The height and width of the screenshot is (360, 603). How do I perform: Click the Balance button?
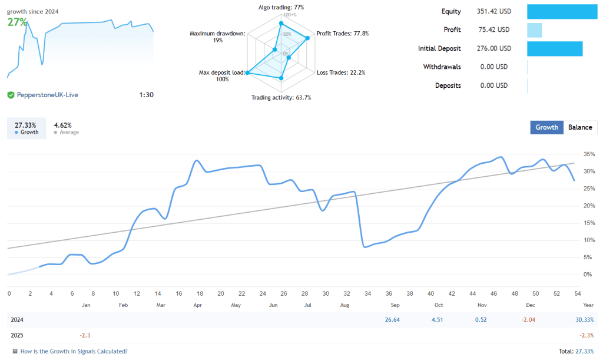(x=580, y=127)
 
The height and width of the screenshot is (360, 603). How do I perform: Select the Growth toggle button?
(x=546, y=127)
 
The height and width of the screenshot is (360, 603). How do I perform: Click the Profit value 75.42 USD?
(x=493, y=29)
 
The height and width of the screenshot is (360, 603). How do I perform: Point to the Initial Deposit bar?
(x=554, y=48)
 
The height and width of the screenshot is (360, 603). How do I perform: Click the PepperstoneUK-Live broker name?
(x=47, y=95)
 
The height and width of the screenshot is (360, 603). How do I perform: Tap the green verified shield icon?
(x=11, y=95)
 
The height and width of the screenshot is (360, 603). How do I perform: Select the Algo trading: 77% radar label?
(x=281, y=7)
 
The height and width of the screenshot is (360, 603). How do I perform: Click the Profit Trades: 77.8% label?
(x=342, y=34)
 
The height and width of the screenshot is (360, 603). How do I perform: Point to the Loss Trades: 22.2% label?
(x=340, y=72)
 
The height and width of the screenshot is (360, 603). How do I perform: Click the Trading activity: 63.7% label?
(x=281, y=97)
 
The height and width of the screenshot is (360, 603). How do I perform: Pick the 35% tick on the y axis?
(x=588, y=154)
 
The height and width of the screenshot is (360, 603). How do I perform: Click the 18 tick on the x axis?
(x=200, y=293)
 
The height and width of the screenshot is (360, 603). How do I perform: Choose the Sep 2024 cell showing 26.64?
(x=392, y=319)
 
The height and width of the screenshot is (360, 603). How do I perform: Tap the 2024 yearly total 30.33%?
(x=584, y=319)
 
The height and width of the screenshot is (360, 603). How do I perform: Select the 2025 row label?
(x=18, y=335)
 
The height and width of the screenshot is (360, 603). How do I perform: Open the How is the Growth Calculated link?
(x=74, y=351)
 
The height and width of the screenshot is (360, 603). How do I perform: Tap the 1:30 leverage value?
(x=146, y=95)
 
